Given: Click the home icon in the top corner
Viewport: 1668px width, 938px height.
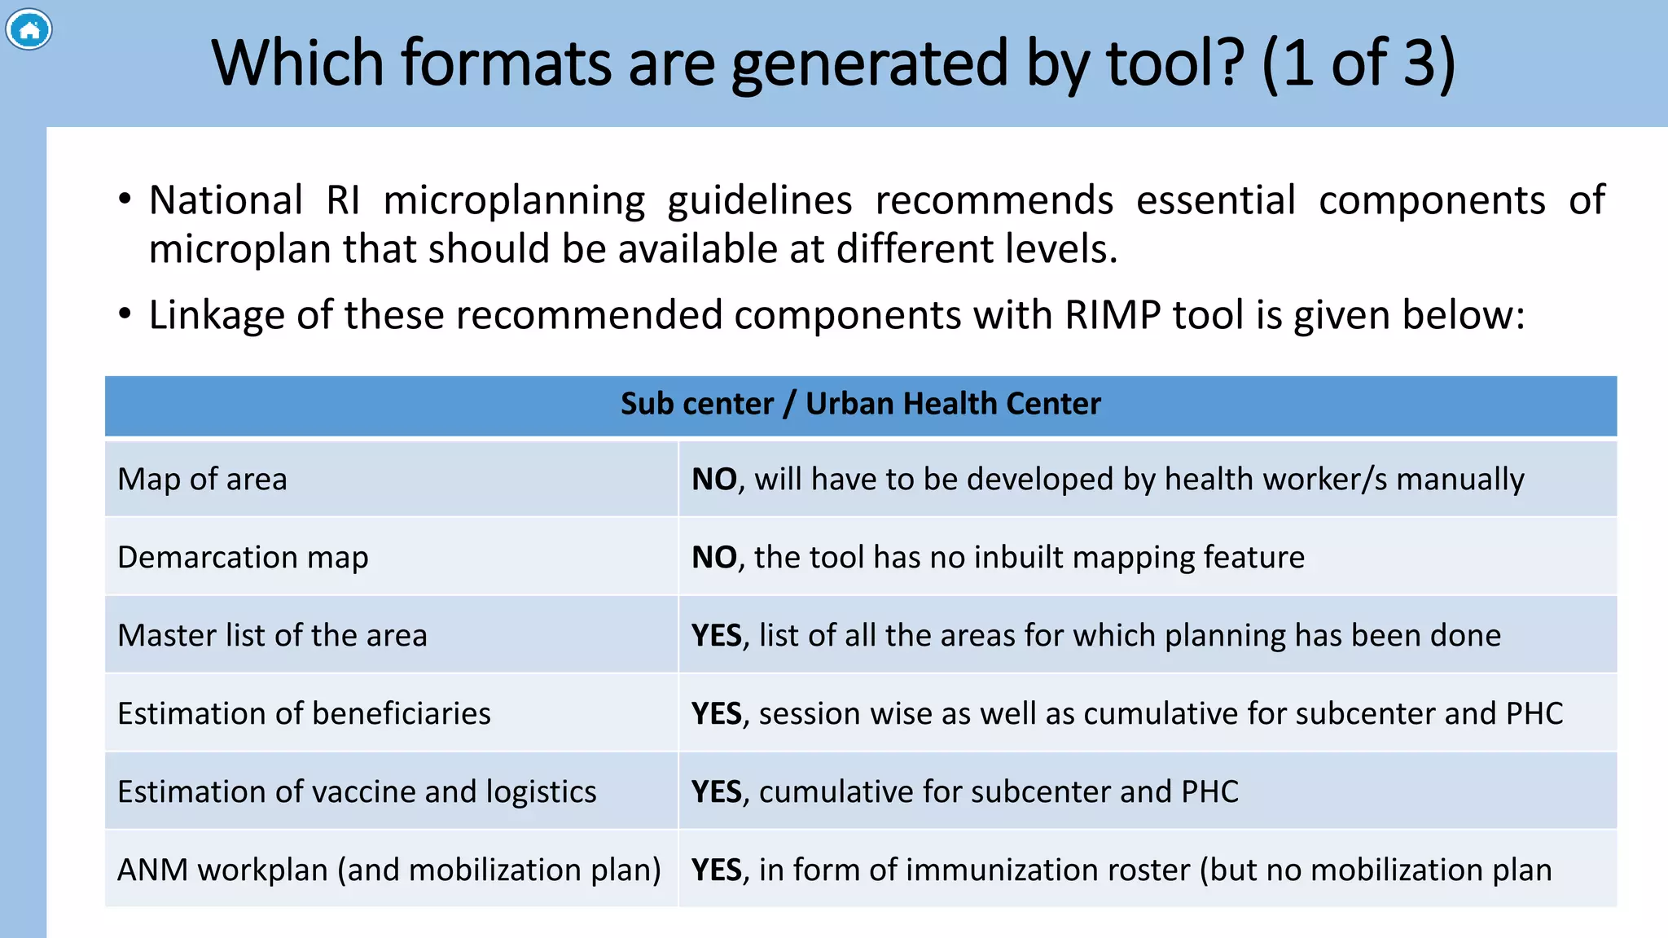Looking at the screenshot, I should coord(29,30).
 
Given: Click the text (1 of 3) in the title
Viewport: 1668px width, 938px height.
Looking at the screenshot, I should coord(1359,64).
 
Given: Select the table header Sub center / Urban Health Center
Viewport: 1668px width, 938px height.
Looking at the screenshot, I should coord(860,404).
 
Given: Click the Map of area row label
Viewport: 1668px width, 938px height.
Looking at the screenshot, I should coord(202,479).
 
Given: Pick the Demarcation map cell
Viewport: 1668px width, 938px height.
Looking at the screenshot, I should coord(243,557).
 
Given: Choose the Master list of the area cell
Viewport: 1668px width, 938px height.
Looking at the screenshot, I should coord(272,635).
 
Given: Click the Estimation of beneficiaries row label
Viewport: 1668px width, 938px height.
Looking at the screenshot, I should coord(304,713).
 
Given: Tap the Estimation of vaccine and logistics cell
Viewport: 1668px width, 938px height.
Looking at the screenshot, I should coord(357,791).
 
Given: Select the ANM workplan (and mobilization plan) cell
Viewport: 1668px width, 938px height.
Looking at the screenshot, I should coord(389,870).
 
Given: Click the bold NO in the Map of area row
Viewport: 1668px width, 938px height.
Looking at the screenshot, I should coord(714,480).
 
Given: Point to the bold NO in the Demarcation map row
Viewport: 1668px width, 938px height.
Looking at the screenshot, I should coord(714,558).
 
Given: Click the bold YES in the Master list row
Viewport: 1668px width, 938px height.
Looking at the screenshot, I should coord(717,636).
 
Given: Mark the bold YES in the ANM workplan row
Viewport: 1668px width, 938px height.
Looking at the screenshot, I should coord(717,870).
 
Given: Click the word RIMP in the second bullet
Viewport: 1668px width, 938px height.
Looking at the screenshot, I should coord(1113,315).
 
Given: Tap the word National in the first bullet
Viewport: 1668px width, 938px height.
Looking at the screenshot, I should coord(226,200).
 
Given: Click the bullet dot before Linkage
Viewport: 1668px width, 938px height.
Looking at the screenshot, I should coord(125,314).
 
